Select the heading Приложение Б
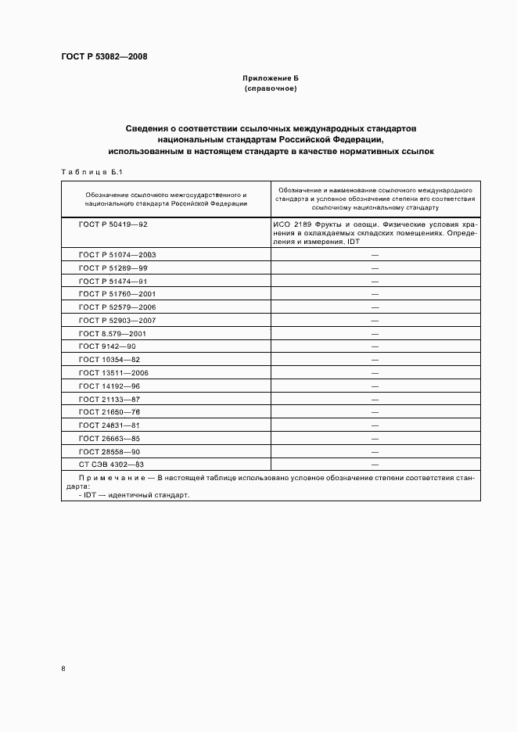(x=270, y=79)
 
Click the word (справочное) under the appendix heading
(x=270, y=89)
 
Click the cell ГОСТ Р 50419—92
(x=113, y=224)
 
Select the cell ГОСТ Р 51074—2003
(x=118, y=255)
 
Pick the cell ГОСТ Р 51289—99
(x=113, y=268)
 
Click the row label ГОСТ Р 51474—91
(x=113, y=281)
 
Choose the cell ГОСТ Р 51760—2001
(x=118, y=294)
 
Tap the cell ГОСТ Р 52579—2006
(x=118, y=307)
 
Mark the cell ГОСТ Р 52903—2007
(x=118, y=321)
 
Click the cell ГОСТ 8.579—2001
(x=113, y=333)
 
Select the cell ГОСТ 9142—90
(x=107, y=346)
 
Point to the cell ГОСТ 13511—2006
(x=114, y=373)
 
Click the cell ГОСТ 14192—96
(x=110, y=386)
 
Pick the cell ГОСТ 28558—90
(x=110, y=452)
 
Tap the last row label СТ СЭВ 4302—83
(x=112, y=465)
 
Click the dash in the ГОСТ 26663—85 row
(x=375, y=439)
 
